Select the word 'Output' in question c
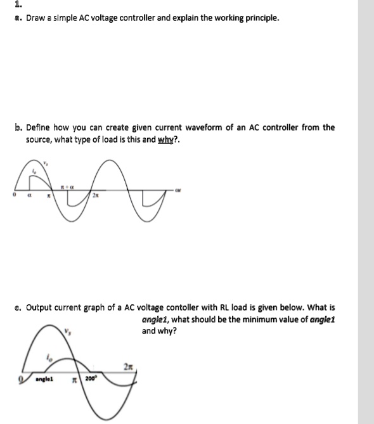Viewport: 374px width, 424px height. [x=41, y=307]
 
